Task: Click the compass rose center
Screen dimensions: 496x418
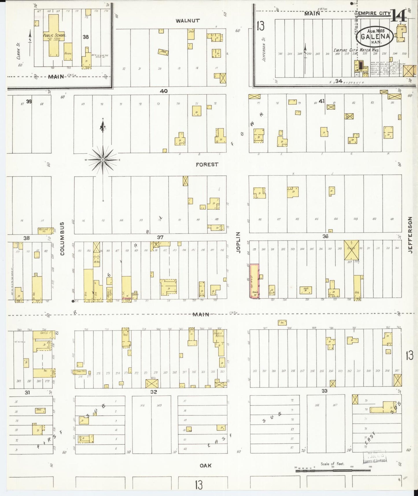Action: pyautogui.click(x=103, y=160)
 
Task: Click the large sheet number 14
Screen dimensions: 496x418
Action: pyautogui.click(x=399, y=16)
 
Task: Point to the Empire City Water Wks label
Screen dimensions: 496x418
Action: pyautogui.click(x=356, y=50)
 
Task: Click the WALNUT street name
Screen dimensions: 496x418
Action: pyautogui.click(x=188, y=21)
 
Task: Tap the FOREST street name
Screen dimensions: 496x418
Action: pyautogui.click(x=207, y=164)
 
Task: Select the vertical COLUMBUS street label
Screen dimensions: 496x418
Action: pyautogui.click(x=62, y=238)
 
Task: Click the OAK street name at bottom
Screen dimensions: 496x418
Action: pyautogui.click(x=205, y=466)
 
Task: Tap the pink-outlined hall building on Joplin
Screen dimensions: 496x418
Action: pyautogui.click(x=254, y=281)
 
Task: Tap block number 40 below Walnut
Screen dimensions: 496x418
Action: pyautogui.click(x=164, y=91)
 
